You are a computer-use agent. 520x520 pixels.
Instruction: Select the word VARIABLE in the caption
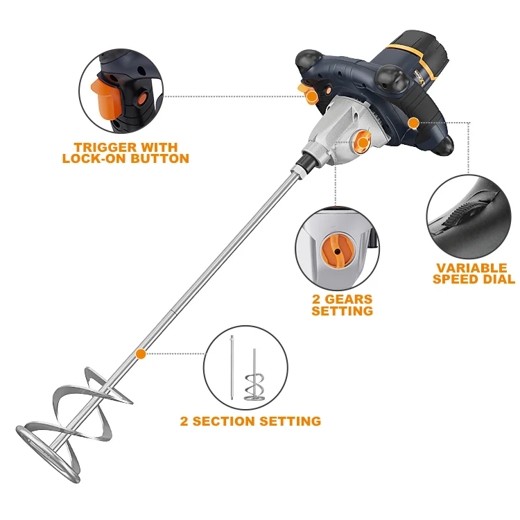[471, 268]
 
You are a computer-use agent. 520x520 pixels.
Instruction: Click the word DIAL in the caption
[499, 279]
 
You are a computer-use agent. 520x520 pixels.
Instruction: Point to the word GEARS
[349, 299]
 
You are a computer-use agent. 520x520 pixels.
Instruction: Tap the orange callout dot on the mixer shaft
[141, 354]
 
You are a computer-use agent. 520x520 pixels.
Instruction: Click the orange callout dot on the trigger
[312, 96]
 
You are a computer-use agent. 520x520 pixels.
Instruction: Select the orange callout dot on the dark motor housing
[413, 123]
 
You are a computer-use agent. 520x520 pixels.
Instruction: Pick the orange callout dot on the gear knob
[363, 143]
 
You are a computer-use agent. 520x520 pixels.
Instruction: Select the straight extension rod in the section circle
[232, 367]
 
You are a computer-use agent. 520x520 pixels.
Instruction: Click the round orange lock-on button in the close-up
[143, 98]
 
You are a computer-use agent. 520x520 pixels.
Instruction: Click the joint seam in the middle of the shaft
[173, 311]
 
